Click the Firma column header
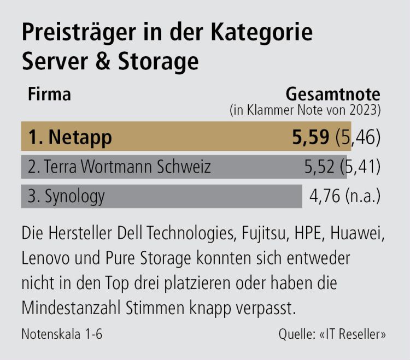49,94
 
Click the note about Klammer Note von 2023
304,110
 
